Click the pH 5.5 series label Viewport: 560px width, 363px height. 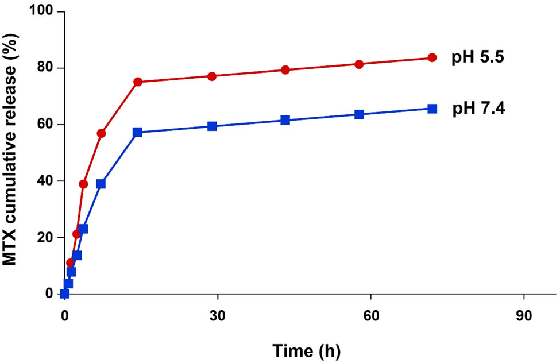(x=479, y=58)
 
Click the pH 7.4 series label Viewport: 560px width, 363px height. (x=479, y=109)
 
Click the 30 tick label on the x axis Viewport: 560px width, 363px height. (x=217, y=315)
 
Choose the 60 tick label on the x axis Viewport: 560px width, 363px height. (x=370, y=315)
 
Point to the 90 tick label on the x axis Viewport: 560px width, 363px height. (x=524, y=315)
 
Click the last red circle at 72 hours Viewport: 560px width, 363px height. (x=432, y=57)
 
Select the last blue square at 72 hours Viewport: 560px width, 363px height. (x=432, y=108)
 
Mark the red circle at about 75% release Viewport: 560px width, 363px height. (x=138, y=82)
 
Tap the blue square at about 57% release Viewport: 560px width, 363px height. (x=137, y=132)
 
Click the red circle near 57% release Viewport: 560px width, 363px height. (x=101, y=133)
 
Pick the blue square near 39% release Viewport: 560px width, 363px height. (x=101, y=184)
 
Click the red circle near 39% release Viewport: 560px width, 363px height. (x=83, y=184)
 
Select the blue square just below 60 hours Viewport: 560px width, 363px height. (x=359, y=114)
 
